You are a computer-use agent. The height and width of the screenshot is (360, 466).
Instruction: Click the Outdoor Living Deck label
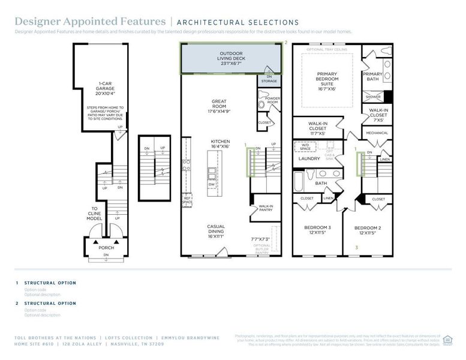(232, 59)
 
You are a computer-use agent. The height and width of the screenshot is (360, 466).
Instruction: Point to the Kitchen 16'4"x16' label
(220, 145)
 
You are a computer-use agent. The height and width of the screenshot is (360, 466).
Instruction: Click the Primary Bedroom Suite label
(327, 81)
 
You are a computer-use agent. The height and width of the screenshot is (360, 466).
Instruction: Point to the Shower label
(372, 95)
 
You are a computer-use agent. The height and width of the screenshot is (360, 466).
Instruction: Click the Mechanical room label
(377, 133)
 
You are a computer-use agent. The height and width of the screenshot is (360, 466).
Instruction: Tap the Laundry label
(309, 159)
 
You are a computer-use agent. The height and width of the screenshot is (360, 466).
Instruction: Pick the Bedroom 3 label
(317, 230)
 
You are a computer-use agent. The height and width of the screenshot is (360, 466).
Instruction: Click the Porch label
(106, 247)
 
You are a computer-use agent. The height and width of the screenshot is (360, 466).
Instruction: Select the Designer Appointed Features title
(91, 22)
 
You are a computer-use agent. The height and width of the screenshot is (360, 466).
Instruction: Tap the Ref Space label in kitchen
(187, 200)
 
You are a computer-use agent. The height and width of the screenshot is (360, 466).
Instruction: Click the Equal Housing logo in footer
(447, 340)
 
